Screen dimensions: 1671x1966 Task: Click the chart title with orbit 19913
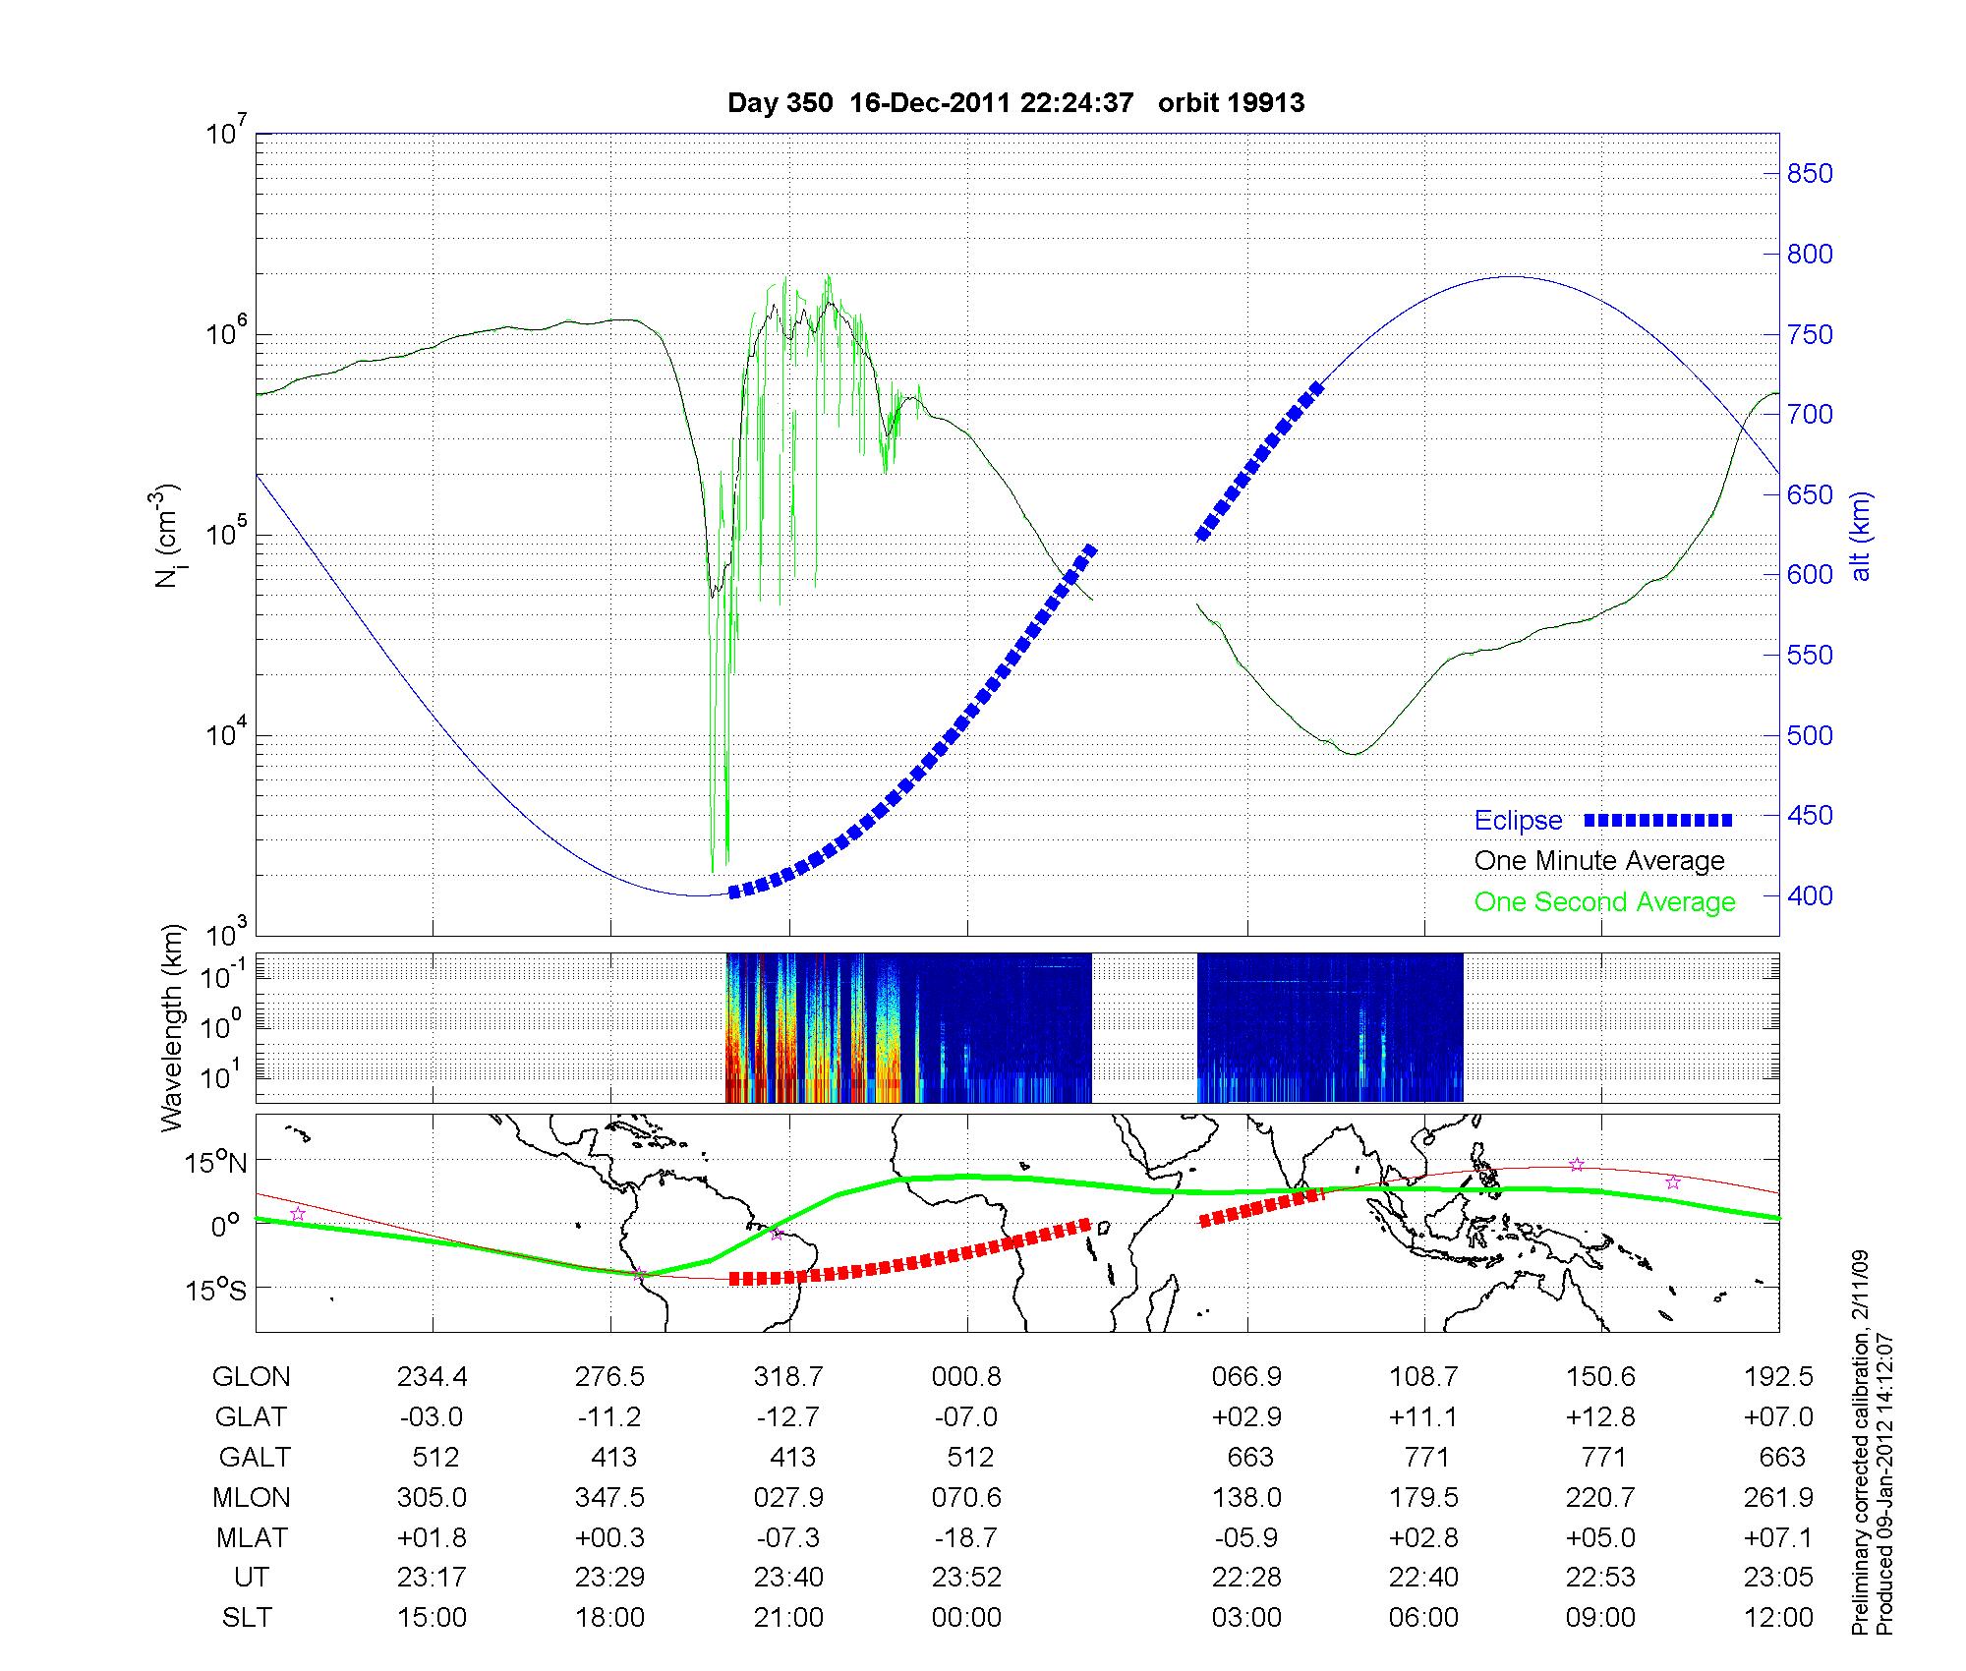click(x=1015, y=103)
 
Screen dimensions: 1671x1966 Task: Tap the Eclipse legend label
click(x=1518, y=821)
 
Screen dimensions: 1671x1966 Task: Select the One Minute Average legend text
click(x=1599, y=861)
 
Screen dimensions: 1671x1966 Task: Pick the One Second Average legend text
click(x=1604, y=902)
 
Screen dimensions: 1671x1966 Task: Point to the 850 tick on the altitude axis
click(x=1810, y=174)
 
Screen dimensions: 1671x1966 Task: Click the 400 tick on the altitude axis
click(x=1810, y=896)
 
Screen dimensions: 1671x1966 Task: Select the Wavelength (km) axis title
click(x=172, y=1028)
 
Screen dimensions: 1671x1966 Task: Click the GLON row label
click(x=251, y=1377)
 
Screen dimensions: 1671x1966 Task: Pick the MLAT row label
click(x=251, y=1537)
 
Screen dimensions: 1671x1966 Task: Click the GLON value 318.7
click(x=788, y=1377)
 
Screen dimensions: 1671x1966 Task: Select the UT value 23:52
click(x=967, y=1578)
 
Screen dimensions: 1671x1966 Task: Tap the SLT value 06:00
click(x=1424, y=1618)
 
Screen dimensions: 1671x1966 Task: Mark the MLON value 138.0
click(x=1246, y=1498)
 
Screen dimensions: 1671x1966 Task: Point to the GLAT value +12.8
click(x=1602, y=1417)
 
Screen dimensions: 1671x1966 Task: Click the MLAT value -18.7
click(x=967, y=1537)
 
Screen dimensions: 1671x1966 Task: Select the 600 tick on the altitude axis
click(x=1810, y=575)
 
